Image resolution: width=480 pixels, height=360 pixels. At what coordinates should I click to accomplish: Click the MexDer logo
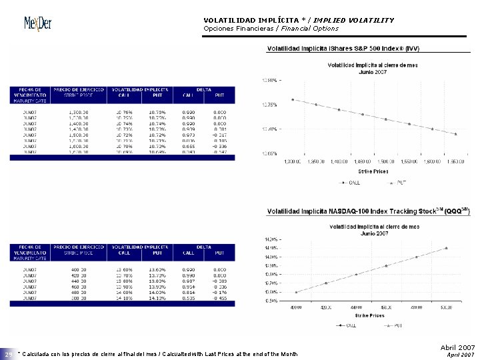pyautogui.click(x=37, y=23)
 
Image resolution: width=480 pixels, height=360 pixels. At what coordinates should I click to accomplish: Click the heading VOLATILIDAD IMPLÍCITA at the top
pyautogui.click(x=250, y=20)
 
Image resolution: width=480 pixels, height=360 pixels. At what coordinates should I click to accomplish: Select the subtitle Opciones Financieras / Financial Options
pyautogui.click(x=270, y=29)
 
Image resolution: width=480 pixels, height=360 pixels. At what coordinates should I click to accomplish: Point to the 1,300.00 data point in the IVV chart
pyautogui.click(x=293, y=99)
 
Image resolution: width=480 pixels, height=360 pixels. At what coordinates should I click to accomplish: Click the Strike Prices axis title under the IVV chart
pyautogui.click(x=370, y=171)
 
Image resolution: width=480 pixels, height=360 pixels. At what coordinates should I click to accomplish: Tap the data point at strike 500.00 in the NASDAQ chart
pyautogui.click(x=446, y=248)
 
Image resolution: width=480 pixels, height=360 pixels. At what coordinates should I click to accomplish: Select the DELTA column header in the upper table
pyautogui.click(x=204, y=89)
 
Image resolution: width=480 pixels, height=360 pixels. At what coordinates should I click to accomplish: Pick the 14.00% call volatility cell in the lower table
pyautogui.click(x=123, y=291)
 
